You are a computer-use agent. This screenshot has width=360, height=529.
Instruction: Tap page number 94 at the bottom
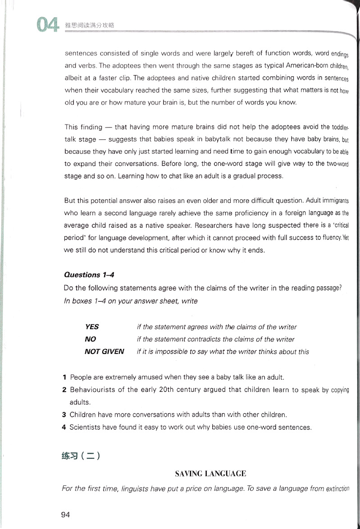tap(65, 514)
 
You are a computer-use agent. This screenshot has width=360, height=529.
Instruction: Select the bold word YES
tap(92, 327)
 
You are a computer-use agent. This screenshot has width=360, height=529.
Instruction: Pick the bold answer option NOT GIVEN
tap(104, 351)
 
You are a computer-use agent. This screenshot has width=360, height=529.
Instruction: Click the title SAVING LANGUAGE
tap(210, 474)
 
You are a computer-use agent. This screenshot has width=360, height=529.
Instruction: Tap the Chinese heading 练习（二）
tap(80, 455)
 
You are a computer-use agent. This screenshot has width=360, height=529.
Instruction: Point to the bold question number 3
tap(64, 414)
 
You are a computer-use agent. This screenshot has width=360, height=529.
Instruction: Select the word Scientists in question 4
tap(86, 427)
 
